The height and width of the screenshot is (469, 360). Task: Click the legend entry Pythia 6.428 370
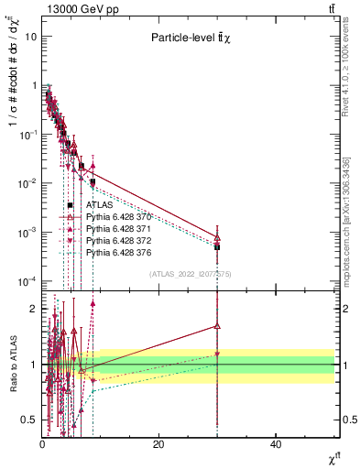pyautogui.click(x=118, y=216)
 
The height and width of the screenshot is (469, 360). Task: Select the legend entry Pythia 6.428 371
pyautogui.click(x=118, y=228)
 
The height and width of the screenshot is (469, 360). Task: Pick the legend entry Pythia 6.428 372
pyautogui.click(x=118, y=240)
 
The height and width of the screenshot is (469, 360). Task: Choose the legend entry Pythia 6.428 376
pyautogui.click(x=118, y=252)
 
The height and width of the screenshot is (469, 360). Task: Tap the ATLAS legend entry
pyautogui.click(x=98, y=205)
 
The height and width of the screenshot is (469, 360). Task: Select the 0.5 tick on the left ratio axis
pyautogui.click(x=28, y=420)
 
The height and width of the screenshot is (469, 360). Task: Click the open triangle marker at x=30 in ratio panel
pyautogui.click(x=217, y=325)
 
